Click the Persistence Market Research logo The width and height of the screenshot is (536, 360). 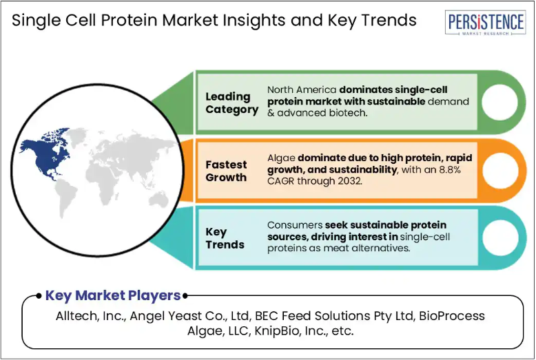point(486,23)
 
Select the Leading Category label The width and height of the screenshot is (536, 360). point(231,103)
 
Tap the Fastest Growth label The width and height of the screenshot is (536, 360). point(226,171)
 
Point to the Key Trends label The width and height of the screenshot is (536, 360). point(225,238)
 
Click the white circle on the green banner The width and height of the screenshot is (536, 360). point(499,102)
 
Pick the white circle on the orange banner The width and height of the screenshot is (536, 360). point(499,171)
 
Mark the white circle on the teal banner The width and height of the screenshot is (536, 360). point(500,237)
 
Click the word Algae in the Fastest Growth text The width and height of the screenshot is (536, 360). point(281,158)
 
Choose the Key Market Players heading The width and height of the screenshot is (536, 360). point(113,295)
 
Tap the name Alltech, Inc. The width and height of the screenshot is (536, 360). point(91,316)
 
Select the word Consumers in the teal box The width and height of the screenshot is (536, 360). point(295,225)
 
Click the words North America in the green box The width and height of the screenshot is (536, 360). point(302,89)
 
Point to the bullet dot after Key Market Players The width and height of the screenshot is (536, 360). point(185,296)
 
